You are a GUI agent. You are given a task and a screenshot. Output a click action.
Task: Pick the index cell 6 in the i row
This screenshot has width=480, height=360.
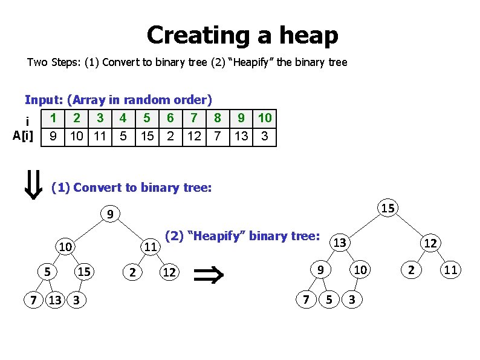pos(170,118)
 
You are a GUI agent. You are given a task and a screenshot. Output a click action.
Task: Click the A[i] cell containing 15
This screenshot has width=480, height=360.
pos(147,136)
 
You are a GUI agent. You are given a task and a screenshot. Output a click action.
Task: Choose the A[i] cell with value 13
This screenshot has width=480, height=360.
pos(241,136)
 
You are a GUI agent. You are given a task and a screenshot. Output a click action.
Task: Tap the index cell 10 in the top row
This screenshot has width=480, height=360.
pos(264,118)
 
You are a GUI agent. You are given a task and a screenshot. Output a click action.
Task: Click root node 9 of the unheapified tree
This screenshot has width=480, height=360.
pos(109,214)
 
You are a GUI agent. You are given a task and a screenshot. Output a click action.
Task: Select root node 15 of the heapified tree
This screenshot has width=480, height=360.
pos(389,208)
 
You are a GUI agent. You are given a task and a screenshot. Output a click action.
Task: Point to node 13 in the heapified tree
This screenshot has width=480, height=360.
pos(340,243)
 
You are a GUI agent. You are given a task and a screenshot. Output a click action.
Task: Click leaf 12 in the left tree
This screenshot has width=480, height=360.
pos(169,272)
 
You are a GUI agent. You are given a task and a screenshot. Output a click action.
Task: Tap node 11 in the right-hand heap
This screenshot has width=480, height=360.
pos(450,270)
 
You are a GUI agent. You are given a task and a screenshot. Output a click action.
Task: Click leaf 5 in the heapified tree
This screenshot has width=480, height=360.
pos(329,298)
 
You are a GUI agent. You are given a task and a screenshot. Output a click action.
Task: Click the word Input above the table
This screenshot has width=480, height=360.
pos(44,99)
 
